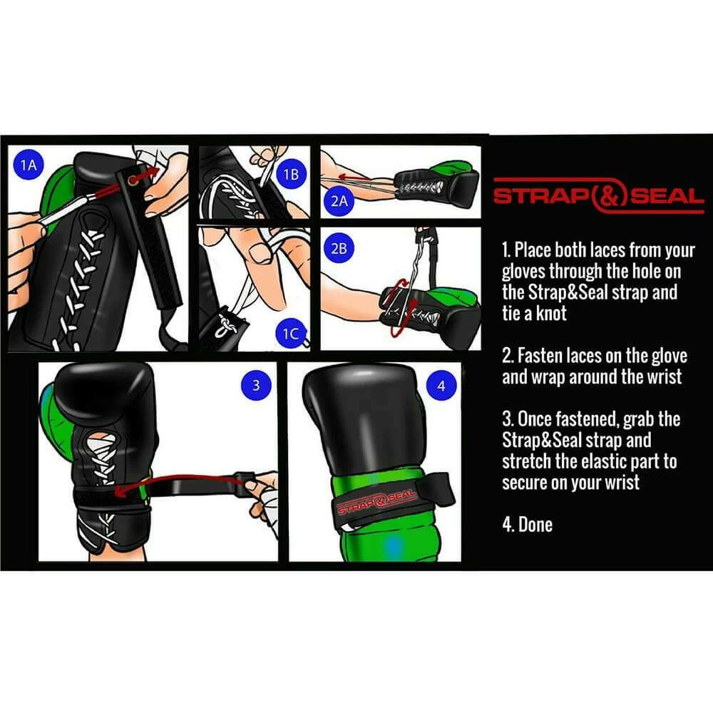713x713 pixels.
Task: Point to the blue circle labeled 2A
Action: tap(339, 202)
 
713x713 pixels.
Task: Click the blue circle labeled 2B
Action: tap(339, 248)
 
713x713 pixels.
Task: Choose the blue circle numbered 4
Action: tap(441, 386)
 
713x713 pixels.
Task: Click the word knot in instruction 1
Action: tap(550, 314)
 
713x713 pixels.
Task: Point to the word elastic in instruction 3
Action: tap(588, 461)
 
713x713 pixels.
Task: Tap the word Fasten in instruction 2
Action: tap(538, 356)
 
